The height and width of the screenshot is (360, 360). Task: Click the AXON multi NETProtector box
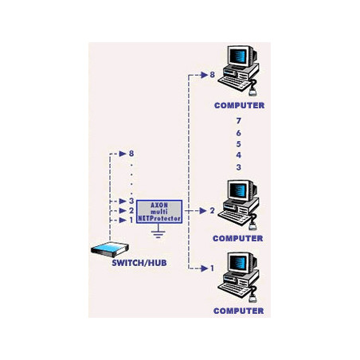point(159,212)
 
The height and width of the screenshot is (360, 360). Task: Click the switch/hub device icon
point(110,249)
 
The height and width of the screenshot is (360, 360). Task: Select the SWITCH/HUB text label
point(139,263)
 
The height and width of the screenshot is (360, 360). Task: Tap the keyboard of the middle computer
point(233,217)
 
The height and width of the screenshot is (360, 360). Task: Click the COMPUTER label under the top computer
point(239,105)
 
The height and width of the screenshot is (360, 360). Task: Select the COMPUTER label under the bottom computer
point(238,311)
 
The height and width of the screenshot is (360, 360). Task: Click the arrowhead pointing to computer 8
point(204,75)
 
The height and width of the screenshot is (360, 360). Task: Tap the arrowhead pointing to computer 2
point(203,211)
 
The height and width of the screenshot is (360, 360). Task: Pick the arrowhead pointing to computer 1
point(204,268)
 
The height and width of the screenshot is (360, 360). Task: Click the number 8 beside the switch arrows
point(131,154)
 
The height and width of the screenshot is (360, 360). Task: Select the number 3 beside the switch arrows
point(131,201)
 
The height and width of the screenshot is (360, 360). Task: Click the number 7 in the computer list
point(239,121)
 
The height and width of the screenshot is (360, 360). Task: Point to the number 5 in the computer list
point(239,144)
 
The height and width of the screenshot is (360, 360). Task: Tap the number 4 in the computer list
point(239,155)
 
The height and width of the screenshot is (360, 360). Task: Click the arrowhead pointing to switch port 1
point(123,220)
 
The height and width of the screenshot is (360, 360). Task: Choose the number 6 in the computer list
point(239,133)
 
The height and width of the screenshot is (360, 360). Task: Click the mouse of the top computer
point(252,92)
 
